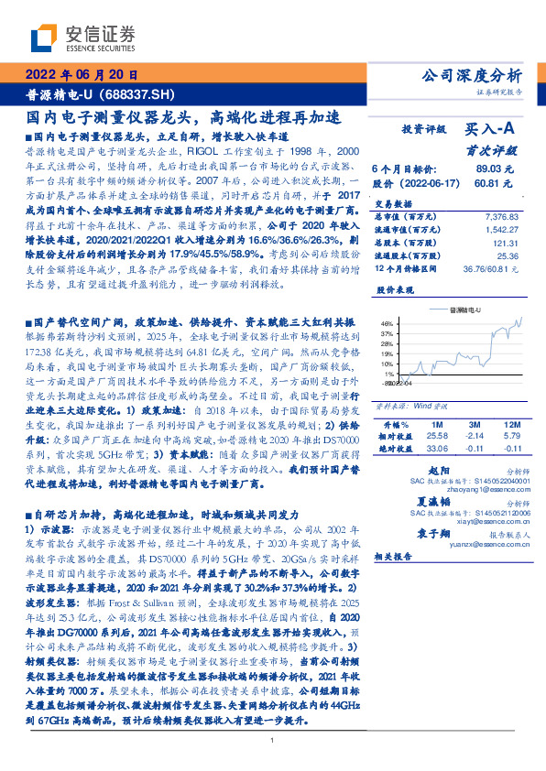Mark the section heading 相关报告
(396, 556)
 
